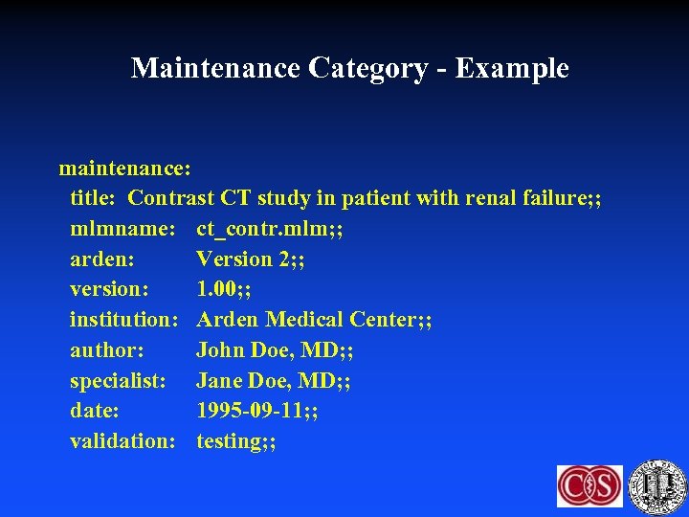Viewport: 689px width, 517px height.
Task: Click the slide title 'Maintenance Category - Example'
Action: pyautogui.click(x=349, y=68)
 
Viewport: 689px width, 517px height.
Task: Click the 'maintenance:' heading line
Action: pyautogui.click(x=125, y=169)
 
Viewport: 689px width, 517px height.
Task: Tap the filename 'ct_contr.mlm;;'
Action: pyautogui.click(x=270, y=229)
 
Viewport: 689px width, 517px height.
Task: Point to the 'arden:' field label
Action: pyautogui.click(x=101, y=259)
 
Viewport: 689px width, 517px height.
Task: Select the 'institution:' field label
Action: pyautogui.click(x=124, y=320)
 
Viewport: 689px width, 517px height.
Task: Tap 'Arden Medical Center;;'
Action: pyautogui.click(x=314, y=320)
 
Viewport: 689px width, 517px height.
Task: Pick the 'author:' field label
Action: pyautogui.click(x=106, y=350)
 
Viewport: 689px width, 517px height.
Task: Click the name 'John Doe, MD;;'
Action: pyautogui.click(x=275, y=350)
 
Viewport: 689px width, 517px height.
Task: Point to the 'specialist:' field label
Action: pyautogui.click(x=118, y=381)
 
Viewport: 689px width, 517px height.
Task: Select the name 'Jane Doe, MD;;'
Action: pyautogui.click(x=274, y=381)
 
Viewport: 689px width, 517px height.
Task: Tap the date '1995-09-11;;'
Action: pyautogui.click(x=257, y=411)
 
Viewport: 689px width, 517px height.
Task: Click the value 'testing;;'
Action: pyautogui.click(x=236, y=441)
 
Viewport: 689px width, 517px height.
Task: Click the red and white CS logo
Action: pyautogui.click(x=589, y=485)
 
